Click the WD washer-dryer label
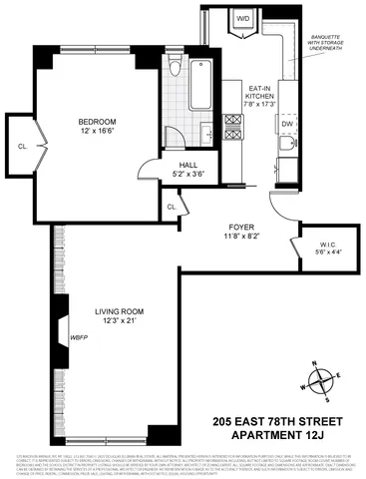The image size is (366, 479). coord(242,17)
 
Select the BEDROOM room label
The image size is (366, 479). coord(100,125)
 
